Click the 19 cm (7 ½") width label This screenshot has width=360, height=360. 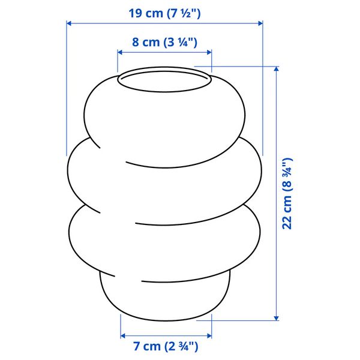164,13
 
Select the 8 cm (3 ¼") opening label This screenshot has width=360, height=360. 164,42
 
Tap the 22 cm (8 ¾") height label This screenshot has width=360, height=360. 287,194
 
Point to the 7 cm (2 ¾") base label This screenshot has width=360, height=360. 166,346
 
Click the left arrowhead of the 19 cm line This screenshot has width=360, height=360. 68,23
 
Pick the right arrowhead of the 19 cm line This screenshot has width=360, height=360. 260,23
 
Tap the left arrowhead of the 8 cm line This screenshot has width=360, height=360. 119,52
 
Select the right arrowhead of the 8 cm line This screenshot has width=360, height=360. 209,52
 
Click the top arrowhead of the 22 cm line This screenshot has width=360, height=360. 277,68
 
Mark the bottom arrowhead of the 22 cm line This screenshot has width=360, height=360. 277,318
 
